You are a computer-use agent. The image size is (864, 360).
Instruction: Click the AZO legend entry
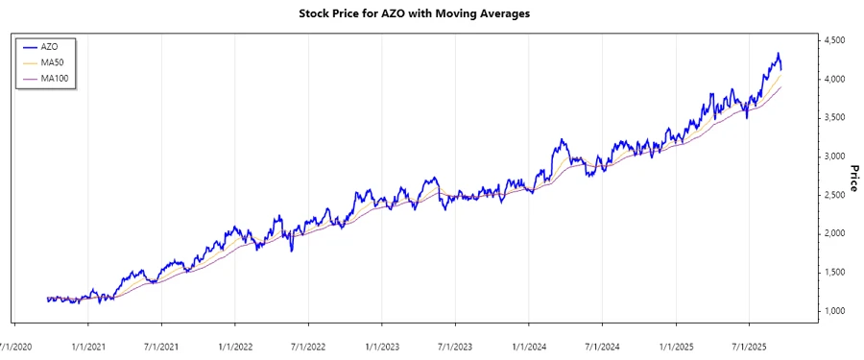[49, 45]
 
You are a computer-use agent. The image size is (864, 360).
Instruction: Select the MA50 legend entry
[52, 61]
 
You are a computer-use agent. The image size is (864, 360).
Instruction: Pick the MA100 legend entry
[54, 78]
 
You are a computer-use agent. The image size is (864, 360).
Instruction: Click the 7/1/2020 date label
[14, 344]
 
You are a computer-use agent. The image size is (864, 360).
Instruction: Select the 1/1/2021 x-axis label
[88, 344]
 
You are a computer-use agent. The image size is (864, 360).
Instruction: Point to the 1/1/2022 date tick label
[235, 344]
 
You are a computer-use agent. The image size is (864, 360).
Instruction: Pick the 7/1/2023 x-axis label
[455, 344]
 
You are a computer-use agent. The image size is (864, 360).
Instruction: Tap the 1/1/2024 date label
[529, 344]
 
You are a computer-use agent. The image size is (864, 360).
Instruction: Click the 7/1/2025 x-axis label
[749, 344]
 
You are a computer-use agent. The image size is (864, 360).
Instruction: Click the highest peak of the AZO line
[779, 54]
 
